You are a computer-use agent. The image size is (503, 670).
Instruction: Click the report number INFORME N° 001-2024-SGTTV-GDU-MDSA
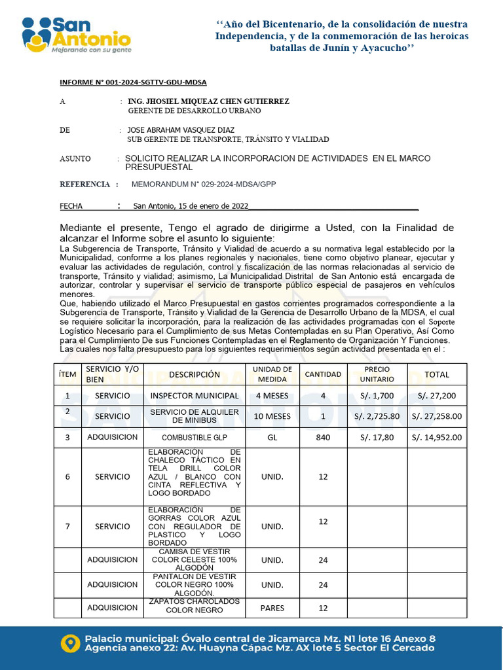pyautogui.click(x=133, y=82)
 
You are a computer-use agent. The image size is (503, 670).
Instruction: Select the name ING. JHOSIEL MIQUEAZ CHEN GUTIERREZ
pyautogui.click(x=208, y=102)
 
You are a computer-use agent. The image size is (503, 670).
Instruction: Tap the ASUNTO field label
pyautogui.click(x=75, y=159)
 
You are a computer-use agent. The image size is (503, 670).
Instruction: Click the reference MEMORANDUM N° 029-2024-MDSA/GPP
pyautogui.click(x=204, y=185)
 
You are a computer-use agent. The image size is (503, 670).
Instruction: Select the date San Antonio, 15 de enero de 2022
pyautogui.click(x=191, y=206)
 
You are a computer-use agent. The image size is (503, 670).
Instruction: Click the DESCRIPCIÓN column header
pyautogui.click(x=194, y=375)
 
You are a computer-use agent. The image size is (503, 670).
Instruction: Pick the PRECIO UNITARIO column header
pyautogui.click(x=377, y=374)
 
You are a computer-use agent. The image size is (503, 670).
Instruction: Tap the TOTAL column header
pyautogui.click(x=437, y=375)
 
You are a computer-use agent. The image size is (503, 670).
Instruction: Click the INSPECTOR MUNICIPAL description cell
pyautogui.click(x=195, y=396)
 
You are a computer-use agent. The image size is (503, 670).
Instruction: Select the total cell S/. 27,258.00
pyautogui.click(x=437, y=416)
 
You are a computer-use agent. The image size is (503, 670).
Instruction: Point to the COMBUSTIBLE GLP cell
pyautogui.click(x=195, y=437)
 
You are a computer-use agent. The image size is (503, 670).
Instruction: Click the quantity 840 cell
pyautogui.click(x=323, y=437)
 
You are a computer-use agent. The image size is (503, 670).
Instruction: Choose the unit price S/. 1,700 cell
pyautogui.click(x=377, y=396)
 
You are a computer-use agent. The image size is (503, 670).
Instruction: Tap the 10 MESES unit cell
pyautogui.click(x=272, y=416)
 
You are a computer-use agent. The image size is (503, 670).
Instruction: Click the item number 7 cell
pyautogui.click(x=67, y=526)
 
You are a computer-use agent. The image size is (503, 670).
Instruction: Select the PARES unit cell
pyautogui.click(x=272, y=608)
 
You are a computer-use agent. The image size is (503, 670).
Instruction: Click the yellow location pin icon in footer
pyautogui.click(x=70, y=643)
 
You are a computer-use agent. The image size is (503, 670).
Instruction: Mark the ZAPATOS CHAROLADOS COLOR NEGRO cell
pyautogui.click(x=195, y=606)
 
